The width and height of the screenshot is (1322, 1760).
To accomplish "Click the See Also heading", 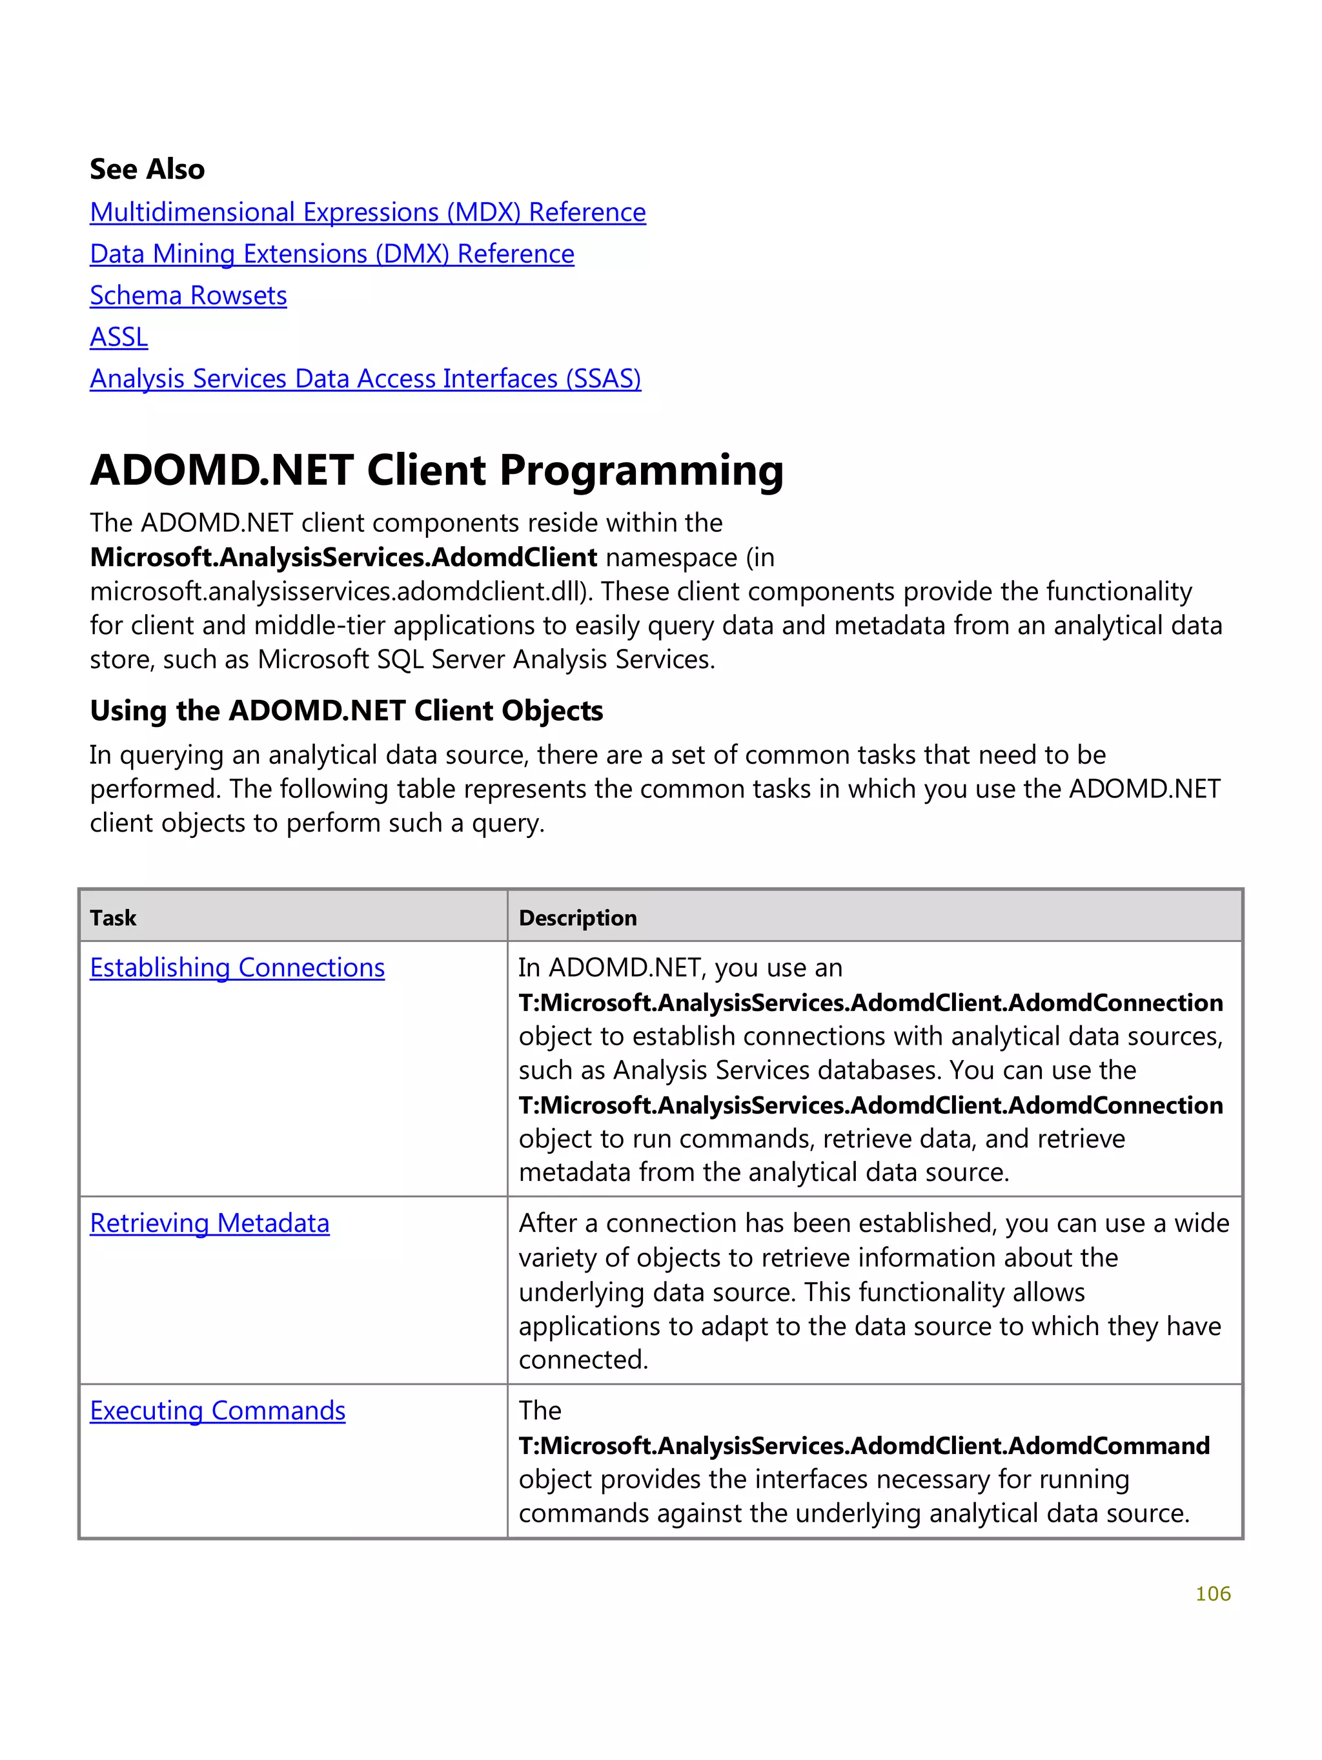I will coord(147,169).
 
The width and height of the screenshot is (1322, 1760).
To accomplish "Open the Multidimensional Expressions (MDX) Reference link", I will coord(367,212).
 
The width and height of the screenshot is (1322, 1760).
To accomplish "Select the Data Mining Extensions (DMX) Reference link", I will coord(332,254).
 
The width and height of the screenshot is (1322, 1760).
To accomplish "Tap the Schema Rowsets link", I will coord(188,296).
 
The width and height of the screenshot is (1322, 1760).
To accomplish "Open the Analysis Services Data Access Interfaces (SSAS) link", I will coord(365,379).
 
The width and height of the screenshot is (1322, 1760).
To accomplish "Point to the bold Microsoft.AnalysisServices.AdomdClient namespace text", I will coord(343,558).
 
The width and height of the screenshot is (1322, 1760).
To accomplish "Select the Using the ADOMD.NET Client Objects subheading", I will coord(346,711).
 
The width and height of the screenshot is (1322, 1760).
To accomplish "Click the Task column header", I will coord(113,918).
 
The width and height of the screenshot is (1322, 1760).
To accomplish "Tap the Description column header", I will coord(578,918).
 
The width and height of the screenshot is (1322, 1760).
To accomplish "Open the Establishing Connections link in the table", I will coord(237,968).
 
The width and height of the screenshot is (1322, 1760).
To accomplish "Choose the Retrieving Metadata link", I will coord(209,1223).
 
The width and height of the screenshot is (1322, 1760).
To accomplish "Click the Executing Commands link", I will coord(217,1411).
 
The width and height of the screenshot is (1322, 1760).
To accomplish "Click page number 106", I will coord(1212,1593).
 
